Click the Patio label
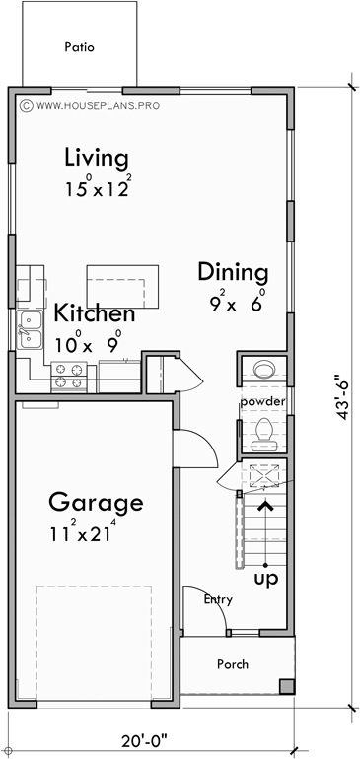point(79,46)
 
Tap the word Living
point(97,157)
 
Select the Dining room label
point(233,271)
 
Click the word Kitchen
point(94,314)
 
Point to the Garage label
point(96,502)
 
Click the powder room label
point(261,402)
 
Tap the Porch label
point(233,663)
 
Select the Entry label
point(218,598)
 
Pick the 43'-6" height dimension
point(340,409)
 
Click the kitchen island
point(123,286)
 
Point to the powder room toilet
point(263,431)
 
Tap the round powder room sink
point(263,370)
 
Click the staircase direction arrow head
point(264,507)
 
